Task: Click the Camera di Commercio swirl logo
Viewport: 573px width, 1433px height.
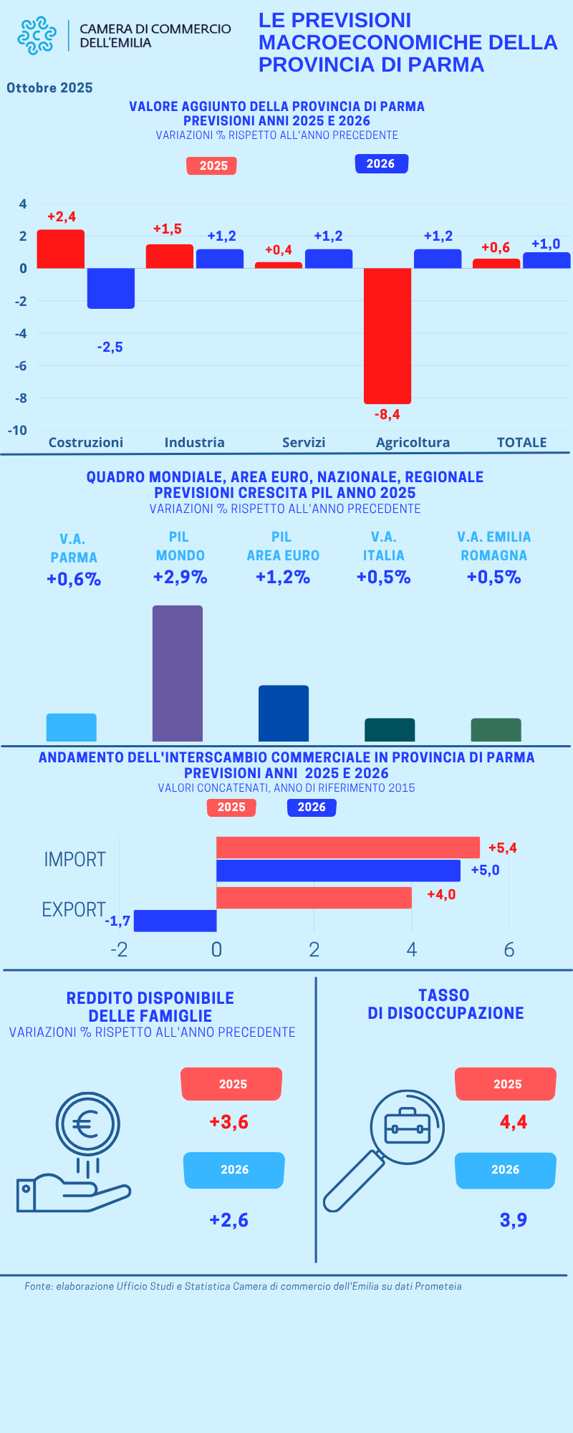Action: (37, 36)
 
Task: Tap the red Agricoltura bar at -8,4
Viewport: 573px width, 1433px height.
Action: (387, 335)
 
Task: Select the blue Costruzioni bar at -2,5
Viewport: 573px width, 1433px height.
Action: (111, 288)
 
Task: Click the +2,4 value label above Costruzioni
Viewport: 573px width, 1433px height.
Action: (62, 216)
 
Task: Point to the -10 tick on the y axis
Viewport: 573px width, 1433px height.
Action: (18, 430)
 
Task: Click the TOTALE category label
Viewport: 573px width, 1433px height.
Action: (521, 442)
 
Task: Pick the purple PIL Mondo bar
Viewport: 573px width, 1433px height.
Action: (178, 673)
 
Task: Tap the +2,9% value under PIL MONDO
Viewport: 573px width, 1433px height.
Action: (180, 577)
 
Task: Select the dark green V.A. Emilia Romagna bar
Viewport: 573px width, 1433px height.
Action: (496, 729)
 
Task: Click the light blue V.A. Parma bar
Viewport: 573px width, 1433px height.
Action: (72, 727)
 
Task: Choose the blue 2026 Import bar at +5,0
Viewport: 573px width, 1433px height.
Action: (338, 871)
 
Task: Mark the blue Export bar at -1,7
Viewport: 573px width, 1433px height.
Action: (175, 921)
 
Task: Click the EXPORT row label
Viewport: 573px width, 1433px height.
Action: (74, 909)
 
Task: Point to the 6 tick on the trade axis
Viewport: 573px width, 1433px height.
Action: (509, 950)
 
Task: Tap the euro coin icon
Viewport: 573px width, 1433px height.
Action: (87, 1123)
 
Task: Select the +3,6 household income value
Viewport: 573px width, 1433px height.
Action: (229, 1121)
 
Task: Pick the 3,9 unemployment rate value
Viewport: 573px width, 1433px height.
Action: (514, 1219)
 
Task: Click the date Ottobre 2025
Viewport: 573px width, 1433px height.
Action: (50, 88)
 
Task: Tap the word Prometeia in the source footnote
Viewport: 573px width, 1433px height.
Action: (436, 1286)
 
